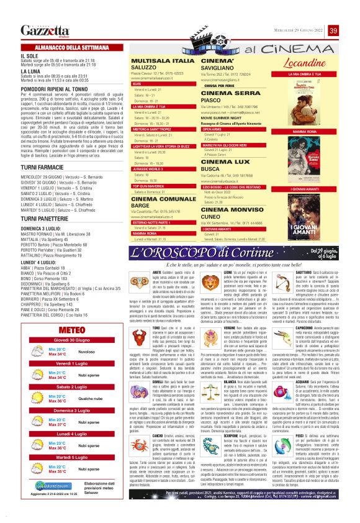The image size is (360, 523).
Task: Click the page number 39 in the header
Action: (333, 31)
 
